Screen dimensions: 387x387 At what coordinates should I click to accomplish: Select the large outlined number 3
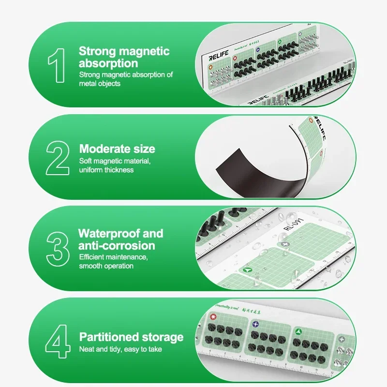(x=58, y=248)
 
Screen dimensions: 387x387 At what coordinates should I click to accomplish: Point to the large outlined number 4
(x=58, y=342)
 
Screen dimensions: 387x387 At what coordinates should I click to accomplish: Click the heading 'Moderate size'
(x=117, y=149)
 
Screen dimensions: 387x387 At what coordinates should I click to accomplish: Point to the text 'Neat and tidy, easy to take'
(x=120, y=349)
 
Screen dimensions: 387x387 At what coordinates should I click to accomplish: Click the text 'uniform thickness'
(x=106, y=170)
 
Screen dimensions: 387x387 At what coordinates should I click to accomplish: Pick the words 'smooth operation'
(x=106, y=266)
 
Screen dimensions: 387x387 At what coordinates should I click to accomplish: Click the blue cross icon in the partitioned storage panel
(x=256, y=325)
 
